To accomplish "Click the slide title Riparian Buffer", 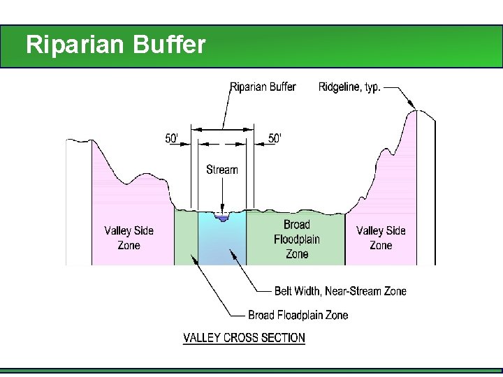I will [x=116, y=45].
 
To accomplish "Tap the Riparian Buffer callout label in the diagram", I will [x=263, y=87].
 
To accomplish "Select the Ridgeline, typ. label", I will [x=349, y=87].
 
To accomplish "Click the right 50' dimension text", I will [x=275, y=138].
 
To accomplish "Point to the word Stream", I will [x=222, y=170].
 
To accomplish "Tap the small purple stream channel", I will [x=222, y=219].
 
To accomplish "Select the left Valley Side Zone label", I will [x=129, y=238].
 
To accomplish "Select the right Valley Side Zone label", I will [x=381, y=238].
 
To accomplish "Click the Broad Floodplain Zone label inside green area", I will [x=297, y=239].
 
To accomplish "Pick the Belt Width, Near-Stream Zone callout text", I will [x=340, y=291].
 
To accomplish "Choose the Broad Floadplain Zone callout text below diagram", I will [x=298, y=315].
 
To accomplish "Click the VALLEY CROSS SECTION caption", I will [x=244, y=338].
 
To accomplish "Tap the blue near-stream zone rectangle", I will [x=222, y=244].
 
